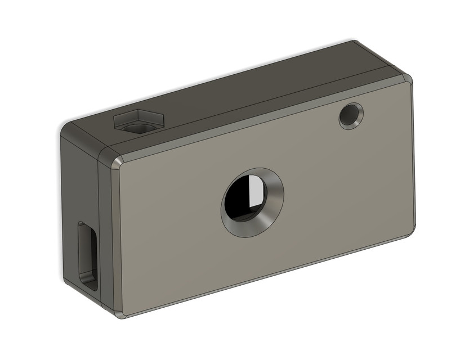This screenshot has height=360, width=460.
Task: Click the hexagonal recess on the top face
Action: pos(139,121)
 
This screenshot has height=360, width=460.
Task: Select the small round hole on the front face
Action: pos(351,116)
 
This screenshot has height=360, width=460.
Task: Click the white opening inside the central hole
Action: pos(255,190)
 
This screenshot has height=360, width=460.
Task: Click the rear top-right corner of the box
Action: pos(354,43)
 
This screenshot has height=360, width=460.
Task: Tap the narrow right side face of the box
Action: pos(414,157)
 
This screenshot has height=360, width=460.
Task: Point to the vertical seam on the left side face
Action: pos(100,225)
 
